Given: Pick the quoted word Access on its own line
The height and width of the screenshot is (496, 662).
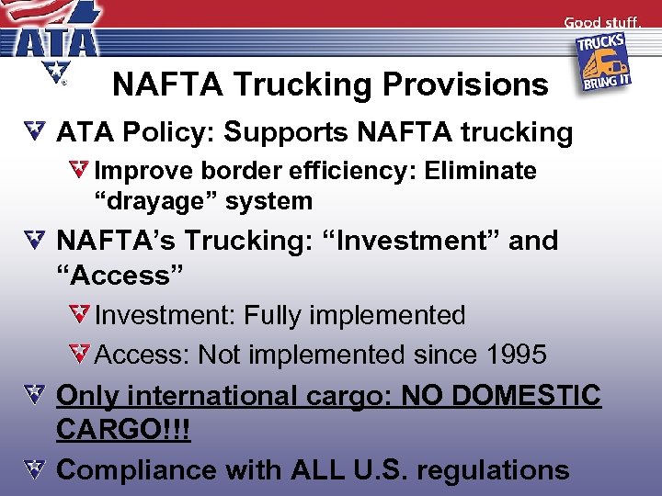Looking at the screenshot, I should tap(120, 275).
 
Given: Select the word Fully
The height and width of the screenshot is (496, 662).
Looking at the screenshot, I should tap(272, 315).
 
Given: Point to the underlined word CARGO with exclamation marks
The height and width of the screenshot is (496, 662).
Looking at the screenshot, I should tap(123, 430).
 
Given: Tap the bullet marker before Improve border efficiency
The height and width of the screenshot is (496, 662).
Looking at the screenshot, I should tap(80, 170).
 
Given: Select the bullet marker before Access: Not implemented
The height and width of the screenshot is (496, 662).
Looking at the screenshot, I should tap(80, 354).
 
